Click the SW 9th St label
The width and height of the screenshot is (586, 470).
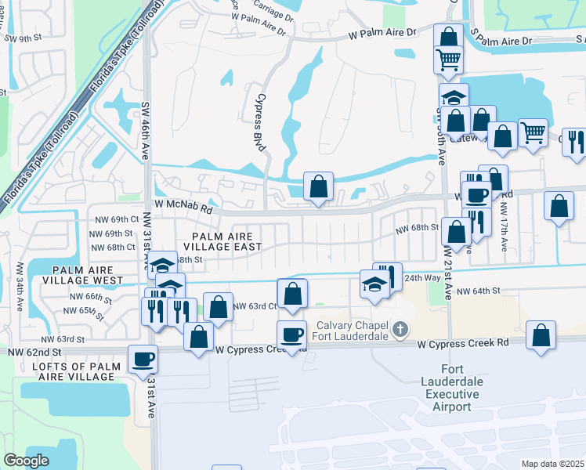(21, 38)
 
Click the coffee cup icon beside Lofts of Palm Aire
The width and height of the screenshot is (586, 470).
(143, 360)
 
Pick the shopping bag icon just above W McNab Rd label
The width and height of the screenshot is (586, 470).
(318, 187)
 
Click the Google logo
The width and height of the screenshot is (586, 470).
(27, 460)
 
